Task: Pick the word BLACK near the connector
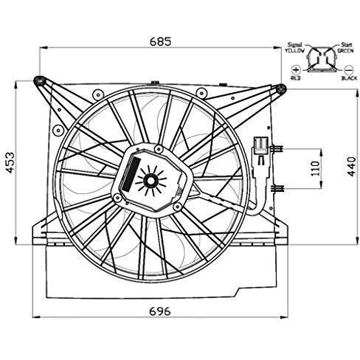point(349,76)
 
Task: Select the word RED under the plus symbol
point(295,77)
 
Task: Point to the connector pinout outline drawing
point(320,60)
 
